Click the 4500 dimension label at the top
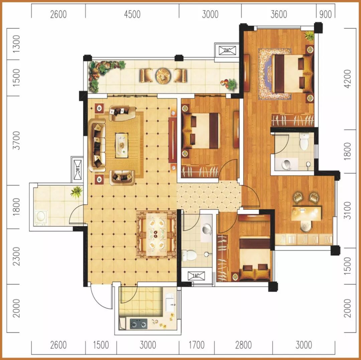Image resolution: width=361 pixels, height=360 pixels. tap(132, 14)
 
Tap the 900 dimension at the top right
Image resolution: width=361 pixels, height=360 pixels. tap(326, 14)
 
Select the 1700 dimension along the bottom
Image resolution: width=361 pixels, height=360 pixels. tap(197, 345)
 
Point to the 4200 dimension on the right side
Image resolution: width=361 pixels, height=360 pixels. tap(348, 79)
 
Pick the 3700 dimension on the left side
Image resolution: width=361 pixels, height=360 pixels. tap(16, 140)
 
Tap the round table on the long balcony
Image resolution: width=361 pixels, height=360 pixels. tap(163, 76)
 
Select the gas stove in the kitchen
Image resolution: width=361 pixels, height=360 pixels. tap(139, 324)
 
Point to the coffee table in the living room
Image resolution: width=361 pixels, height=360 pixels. tap(122, 145)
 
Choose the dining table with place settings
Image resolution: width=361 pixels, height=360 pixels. tap(156, 234)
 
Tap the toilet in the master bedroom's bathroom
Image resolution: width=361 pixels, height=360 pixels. tap(304, 141)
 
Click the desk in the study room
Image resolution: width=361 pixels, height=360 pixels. tap(306, 214)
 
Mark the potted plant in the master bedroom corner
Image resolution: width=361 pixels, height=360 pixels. tap(309, 36)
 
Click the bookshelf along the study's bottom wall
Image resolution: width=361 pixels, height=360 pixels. tap(304, 239)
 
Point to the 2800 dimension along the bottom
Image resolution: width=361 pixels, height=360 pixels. tap(243, 345)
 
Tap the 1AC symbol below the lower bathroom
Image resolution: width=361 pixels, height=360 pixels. tap(196, 276)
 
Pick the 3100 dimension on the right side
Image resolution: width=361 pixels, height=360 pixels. tap(348, 211)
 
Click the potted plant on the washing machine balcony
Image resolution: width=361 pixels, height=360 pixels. tap(77, 192)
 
